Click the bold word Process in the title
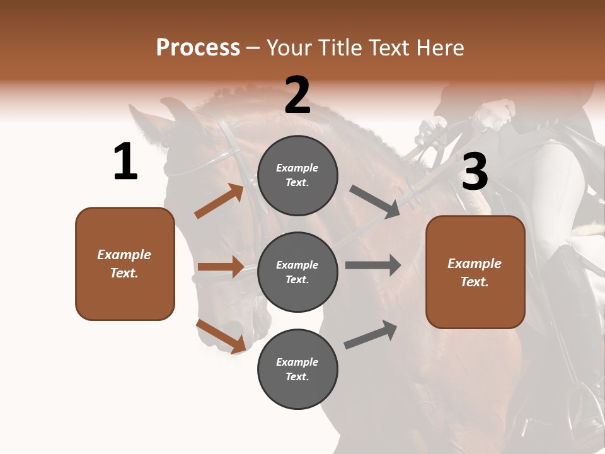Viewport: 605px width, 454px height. (198, 47)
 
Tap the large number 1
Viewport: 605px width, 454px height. (125, 162)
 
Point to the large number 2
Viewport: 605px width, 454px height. (297, 95)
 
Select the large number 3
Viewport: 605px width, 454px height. (475, 172)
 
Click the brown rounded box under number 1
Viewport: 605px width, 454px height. (125, 264)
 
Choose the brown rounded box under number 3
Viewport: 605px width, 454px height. (475, 272)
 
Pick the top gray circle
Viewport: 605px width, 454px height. (297, 175)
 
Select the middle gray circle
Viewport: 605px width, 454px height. (297, 272)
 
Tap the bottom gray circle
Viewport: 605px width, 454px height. (297, 369)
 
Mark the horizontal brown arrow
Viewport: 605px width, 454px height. (221, 267)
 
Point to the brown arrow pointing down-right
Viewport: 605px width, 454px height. (221, 335)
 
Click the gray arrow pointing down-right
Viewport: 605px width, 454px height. (374, 201)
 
